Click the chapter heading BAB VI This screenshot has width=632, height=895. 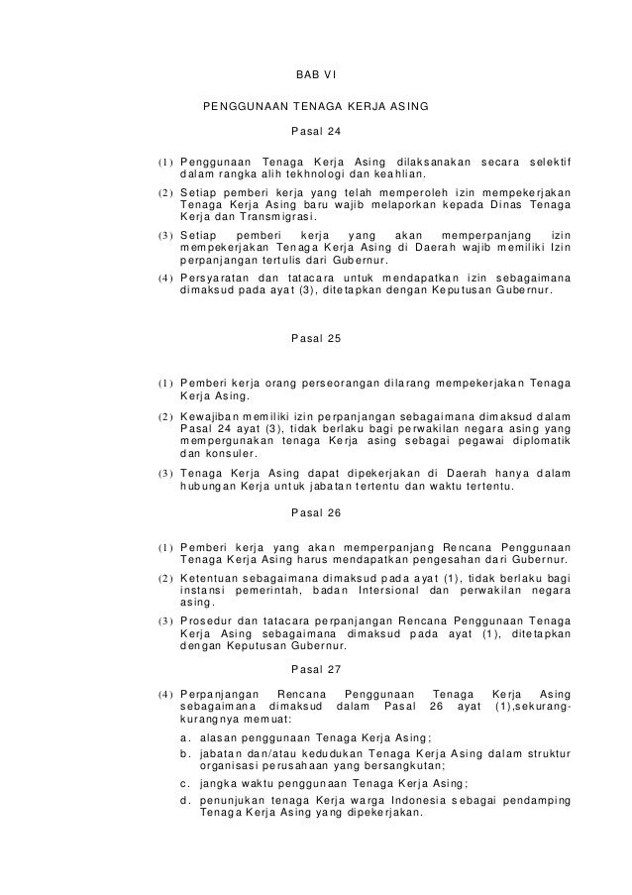click(317, 74)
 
